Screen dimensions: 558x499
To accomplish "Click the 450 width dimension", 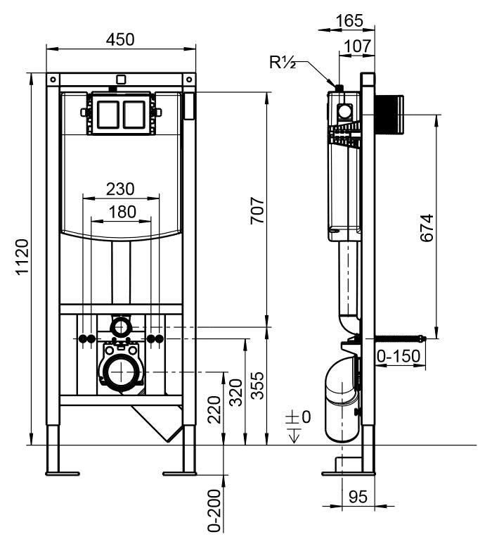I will coord(120,39).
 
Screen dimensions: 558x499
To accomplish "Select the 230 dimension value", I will coord(120,189).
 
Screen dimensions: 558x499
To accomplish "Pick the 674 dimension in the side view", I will coord(426,228).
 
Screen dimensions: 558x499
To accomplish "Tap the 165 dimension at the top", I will coord(349,21).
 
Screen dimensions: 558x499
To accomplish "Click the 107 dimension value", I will coord(356,46).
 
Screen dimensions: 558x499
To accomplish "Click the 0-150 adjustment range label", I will coord(398,357).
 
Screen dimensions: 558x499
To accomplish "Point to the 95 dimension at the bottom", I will coord(358,497).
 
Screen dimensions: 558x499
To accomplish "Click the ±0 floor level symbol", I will coord(298,418).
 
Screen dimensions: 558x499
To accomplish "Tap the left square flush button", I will coord(108,115).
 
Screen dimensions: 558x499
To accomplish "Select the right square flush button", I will coord(135,115).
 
